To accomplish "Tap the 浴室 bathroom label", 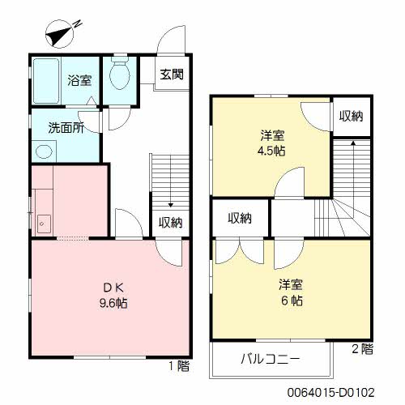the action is tap(79, 80).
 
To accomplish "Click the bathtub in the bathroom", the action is tap(46, 81).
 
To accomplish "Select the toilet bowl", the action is tap(120, 75).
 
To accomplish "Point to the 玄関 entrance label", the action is tap(172, 75).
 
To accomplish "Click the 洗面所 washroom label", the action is tap(66, 128).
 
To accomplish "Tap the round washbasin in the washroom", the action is tap(44, 151).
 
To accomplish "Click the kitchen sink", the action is tap(44, 224).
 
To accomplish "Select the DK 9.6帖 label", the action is tap(113, 296).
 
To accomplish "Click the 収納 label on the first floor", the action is tap(171, 223).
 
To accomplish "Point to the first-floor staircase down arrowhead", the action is tap(170, 205).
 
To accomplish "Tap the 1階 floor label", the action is tap(179, 366).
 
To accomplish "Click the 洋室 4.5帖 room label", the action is tap(271, 143).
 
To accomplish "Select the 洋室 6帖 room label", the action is tap(291, 292).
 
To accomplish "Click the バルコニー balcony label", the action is tap(271, 359).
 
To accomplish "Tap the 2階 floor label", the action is tap(362, 349).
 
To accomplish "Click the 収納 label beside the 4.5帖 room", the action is tap(352, 116).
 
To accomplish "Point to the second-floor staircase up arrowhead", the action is tap(353, 143).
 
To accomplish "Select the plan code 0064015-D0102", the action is tap(331, 392).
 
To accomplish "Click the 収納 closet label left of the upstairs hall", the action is tap(240, 218).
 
